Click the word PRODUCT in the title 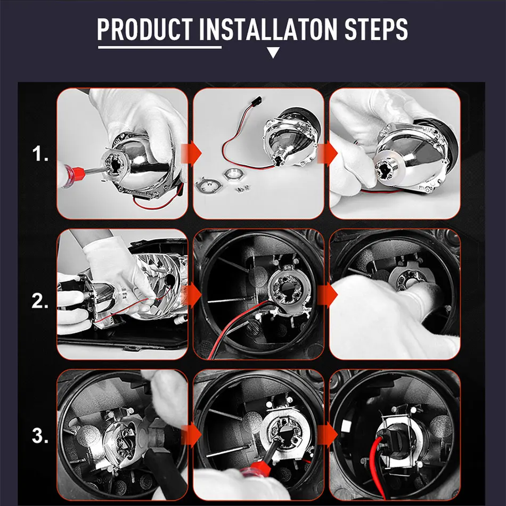(145, 29)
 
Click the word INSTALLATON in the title (268, 29)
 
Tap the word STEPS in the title (376, 29)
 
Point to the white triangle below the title (273, 52)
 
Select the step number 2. (40, 301)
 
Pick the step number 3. (40, 436)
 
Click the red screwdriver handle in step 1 (72, 176)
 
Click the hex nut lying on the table (233, 175)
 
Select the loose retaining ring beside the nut (208, 185)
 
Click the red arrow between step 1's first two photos (191, 153)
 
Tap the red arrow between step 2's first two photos (191, 295)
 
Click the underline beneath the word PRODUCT (160, 47)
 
